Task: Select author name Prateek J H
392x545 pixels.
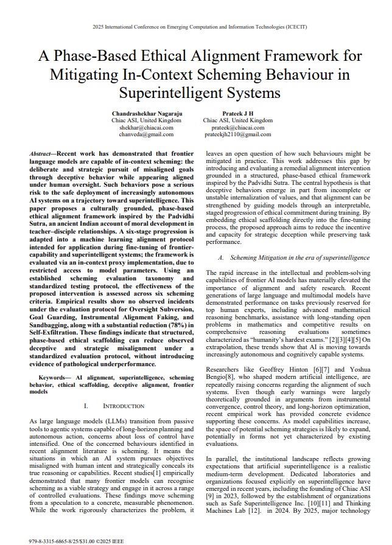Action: [237, 114]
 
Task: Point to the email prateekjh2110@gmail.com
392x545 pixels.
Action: [237, 134]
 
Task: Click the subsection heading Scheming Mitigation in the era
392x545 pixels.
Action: [290, 258]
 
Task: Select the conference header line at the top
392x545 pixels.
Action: [195, 27]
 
